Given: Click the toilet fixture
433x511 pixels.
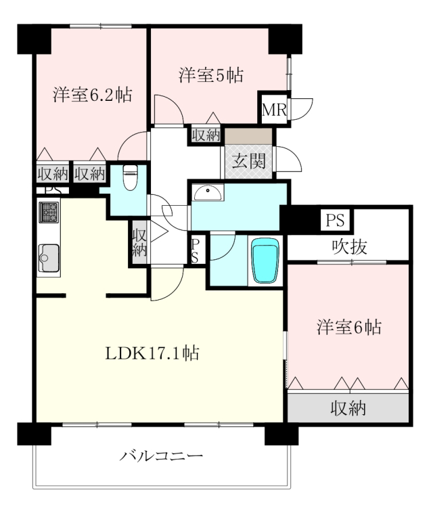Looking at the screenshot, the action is point(131,177).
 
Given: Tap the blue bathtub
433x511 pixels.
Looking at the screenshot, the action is point(266,261).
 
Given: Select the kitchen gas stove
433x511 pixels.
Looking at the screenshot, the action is point(49,212).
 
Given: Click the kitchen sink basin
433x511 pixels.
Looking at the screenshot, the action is point(49,258).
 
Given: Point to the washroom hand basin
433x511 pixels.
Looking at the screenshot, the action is point(208,193).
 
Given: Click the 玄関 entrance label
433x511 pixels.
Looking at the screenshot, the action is point(248,160).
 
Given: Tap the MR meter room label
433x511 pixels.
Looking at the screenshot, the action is point(274,110).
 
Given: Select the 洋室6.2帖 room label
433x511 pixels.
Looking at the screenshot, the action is point(93,95).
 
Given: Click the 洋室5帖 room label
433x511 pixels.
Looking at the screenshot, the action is point(211,75).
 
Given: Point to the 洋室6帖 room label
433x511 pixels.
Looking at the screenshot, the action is point(349,327).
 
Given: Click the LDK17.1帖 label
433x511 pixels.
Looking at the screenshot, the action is point(152,353).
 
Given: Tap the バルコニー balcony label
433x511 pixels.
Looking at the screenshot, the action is point(161,456).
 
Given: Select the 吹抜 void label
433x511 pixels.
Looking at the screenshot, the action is point(350,246).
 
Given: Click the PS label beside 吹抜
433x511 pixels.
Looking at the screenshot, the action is point(336,220).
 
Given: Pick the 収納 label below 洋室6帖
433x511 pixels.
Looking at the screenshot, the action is point(348,407).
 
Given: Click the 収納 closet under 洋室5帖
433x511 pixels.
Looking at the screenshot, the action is point(206,135).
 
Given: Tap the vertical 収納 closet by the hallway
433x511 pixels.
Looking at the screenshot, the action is point(139,242).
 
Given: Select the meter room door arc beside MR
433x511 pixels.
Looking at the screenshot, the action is point(302,109).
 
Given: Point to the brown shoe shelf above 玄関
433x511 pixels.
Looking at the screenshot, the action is point(248,136).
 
